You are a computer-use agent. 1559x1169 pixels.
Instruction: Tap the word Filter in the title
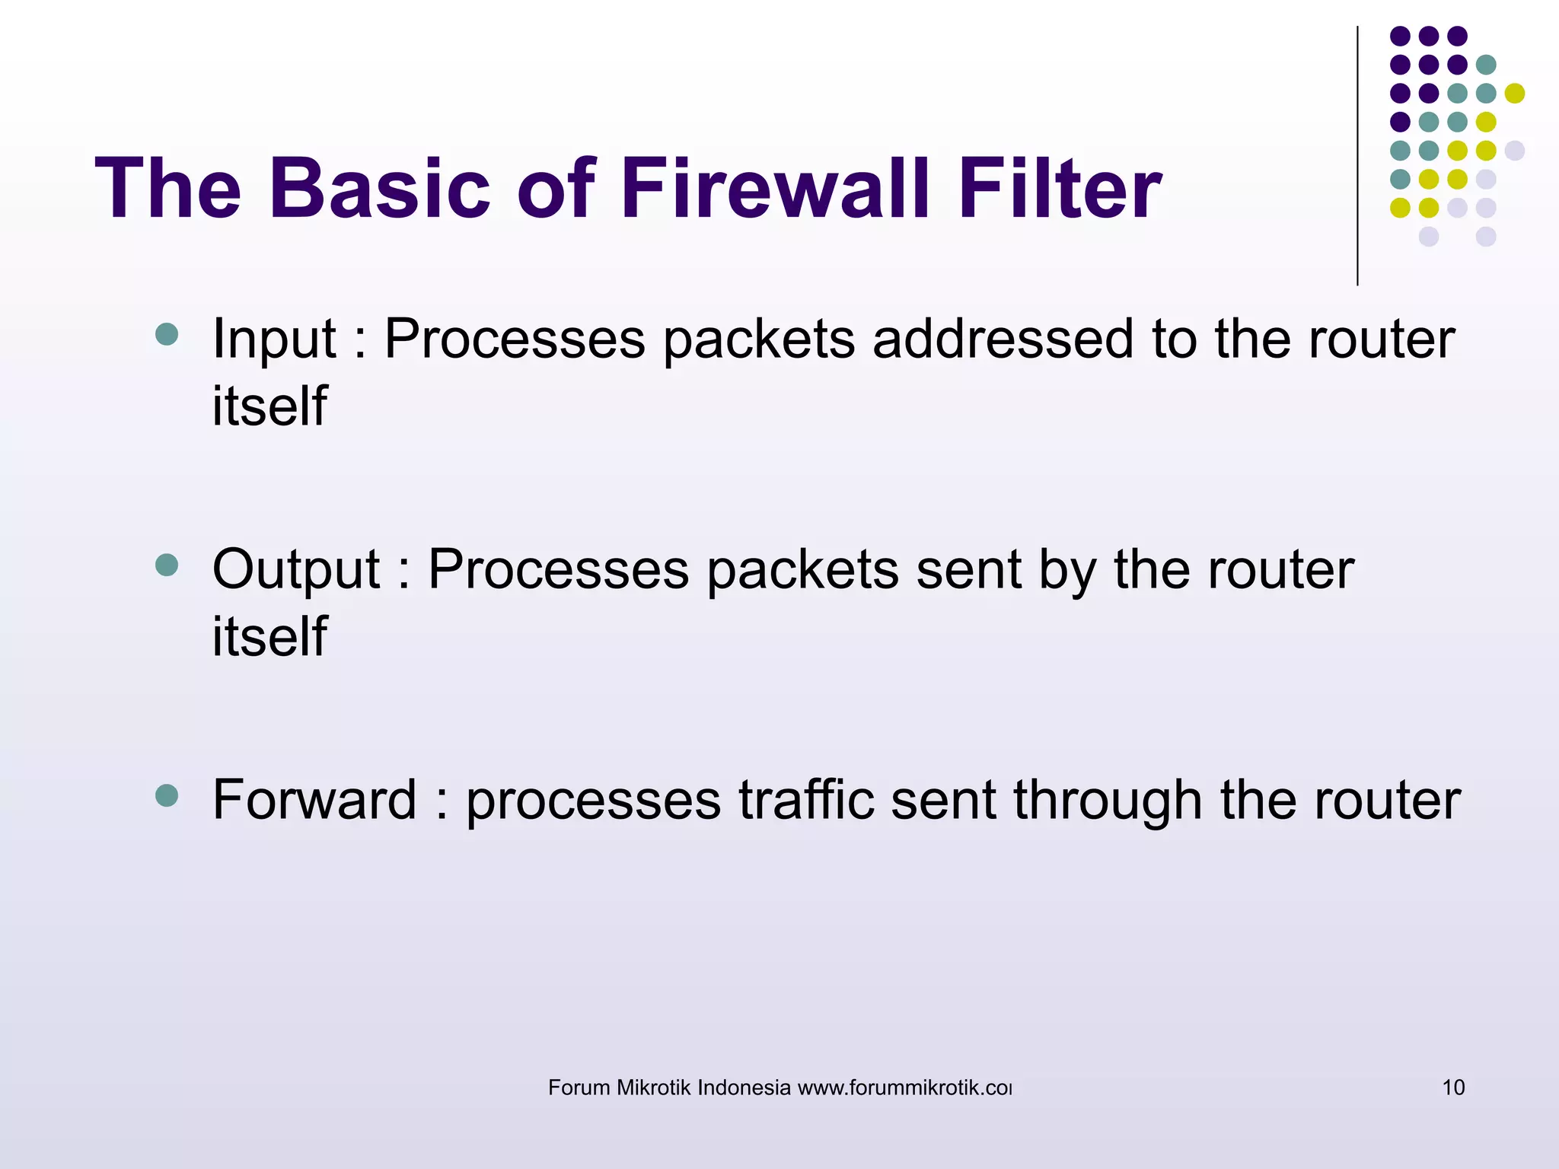[x=1059, y=189]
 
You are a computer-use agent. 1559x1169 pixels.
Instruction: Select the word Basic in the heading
[x=379, y=189]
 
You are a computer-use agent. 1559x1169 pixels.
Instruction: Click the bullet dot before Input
[x=166, y=334]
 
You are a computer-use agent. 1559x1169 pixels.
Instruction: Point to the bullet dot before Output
[x=166, y=565]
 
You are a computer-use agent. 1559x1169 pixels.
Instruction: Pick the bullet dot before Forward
[x=166, y=795]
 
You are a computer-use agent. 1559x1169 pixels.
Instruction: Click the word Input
[x=274, y=339]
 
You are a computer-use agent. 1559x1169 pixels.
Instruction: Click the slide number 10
[x=1453, y=1088]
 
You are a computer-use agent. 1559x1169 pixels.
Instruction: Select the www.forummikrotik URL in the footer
[x=904, y=1088]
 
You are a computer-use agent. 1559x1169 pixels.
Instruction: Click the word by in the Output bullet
[x=1066, y=571]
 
